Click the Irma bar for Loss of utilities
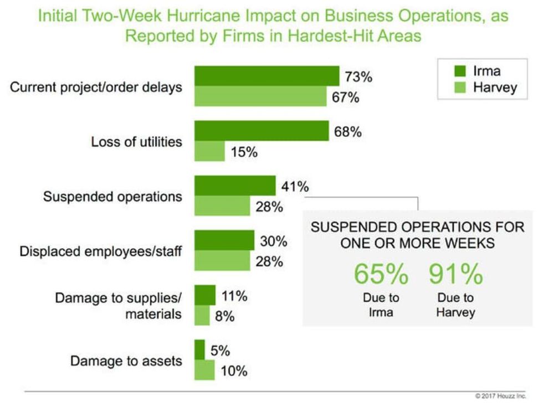point(262,131)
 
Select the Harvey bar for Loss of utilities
point(209,151)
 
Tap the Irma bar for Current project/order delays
point(267,76)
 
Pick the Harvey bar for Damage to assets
point(204,370)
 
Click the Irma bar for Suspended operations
point(235,186)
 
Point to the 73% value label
point(358,77)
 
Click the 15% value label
point(244,152)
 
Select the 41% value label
point(295,187)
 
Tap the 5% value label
point(220,351)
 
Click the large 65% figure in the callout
point(381,274)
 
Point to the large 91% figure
point(455,274)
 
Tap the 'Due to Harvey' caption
point(455,305)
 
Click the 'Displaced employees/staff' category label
point(101,251)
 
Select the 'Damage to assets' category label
point(126,361)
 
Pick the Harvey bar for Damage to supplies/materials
point(202,316)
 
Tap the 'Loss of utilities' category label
point(136,142)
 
